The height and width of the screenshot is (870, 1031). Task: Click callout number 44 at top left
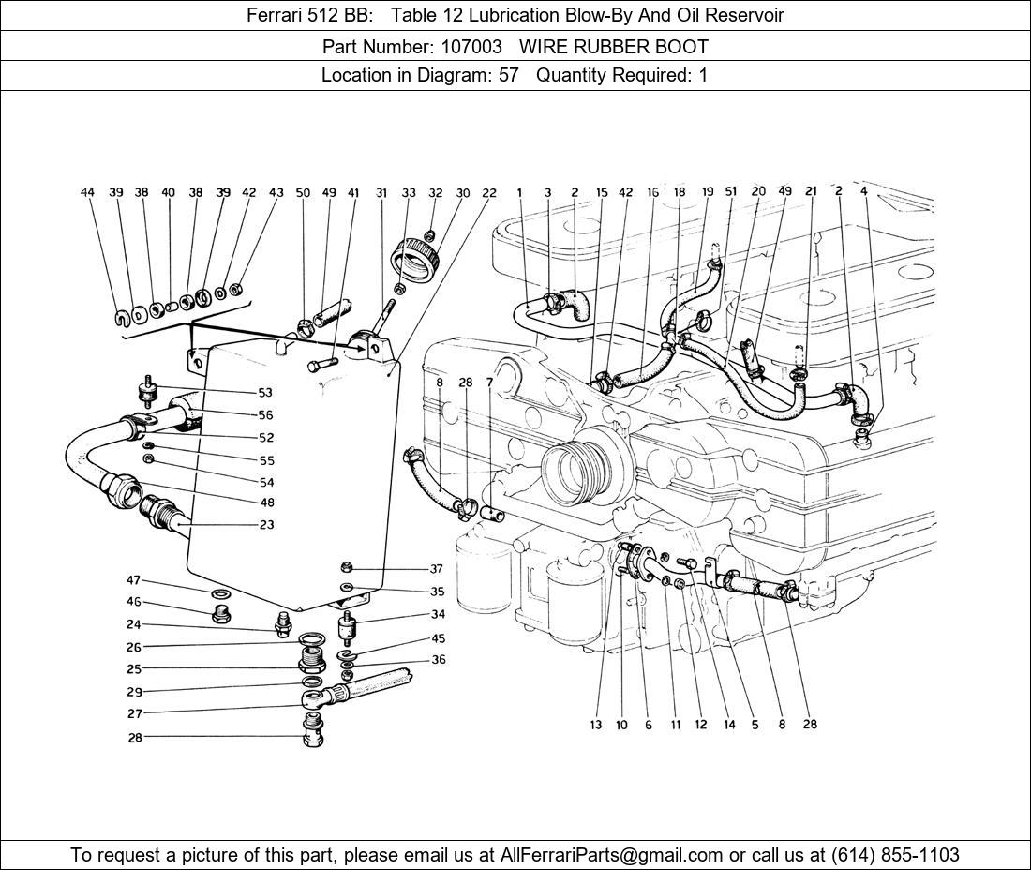[x=87, y=192]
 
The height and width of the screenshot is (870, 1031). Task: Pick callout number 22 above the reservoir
[x=489, y=192]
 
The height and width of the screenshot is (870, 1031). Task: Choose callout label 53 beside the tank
[x=265, y=392]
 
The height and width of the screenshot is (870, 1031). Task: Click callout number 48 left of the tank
[x=266, y=502]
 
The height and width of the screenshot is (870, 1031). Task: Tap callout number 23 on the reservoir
[x=266, y=525]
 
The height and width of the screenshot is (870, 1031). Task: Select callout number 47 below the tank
[x=134, y=581]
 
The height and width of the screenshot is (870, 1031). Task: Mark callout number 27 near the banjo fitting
[x=134, y=712]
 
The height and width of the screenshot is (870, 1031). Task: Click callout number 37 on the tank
[x=437, y=569]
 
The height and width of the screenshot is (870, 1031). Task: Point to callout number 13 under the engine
[x=596, y=725]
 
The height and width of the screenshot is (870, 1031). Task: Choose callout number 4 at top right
[x=863, y=191]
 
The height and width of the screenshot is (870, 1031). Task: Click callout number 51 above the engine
[x=731, y=191]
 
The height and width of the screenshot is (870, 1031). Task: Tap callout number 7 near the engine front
[x=488, y=382]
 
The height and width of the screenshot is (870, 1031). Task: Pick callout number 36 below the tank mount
[x=439, y=660]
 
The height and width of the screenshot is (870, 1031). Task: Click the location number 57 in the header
[x=508, y=75]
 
